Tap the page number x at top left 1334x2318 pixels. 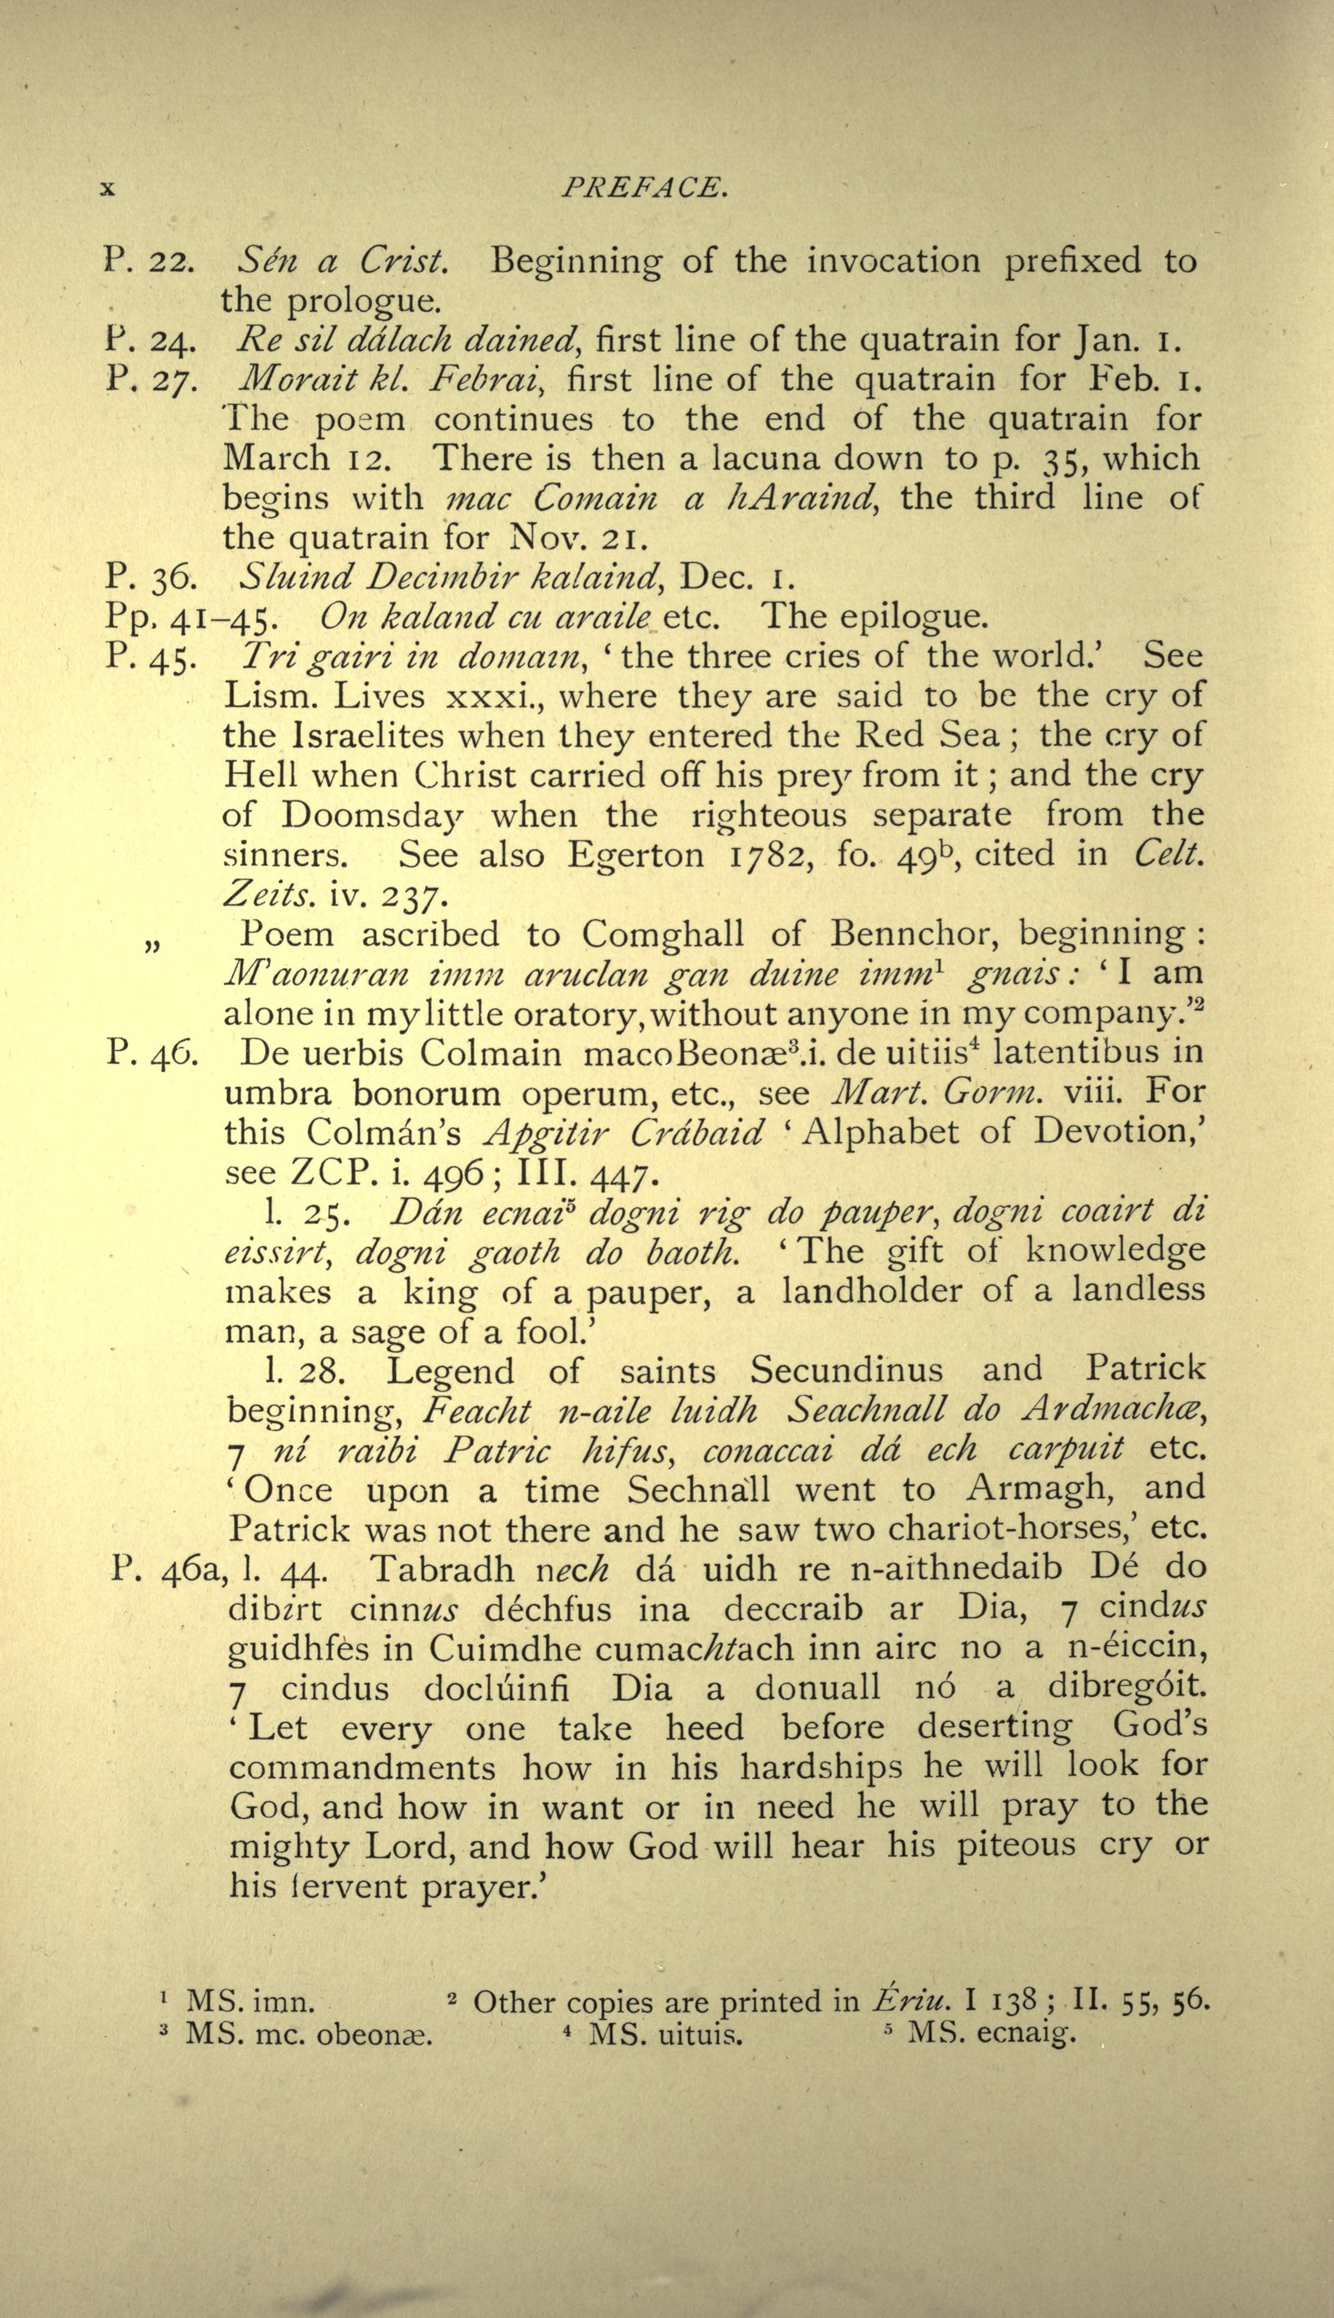pyautogui.click(x=107, y=189)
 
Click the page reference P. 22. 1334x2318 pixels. pyautogui.click(x=147, y=262)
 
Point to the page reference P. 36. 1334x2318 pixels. pyautogui.click(x=147, y=577)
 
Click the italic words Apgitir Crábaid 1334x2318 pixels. pyautogui.click(x=623, y=1133)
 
